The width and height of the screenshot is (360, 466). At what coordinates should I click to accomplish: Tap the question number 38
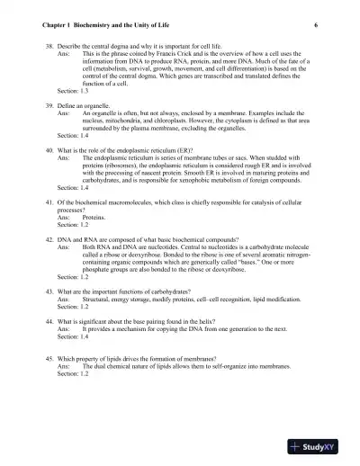click(49, 44)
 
